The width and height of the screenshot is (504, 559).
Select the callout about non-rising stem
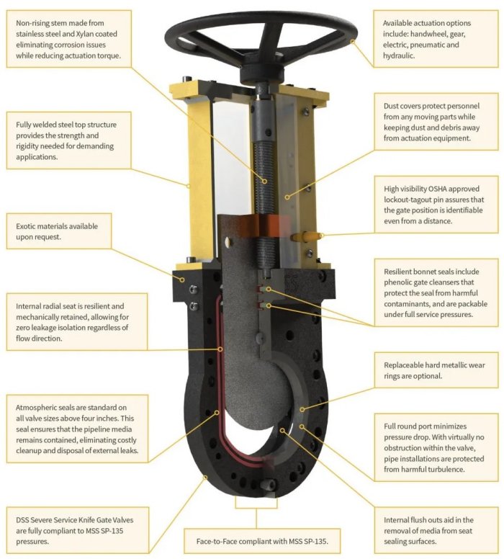(69, 38)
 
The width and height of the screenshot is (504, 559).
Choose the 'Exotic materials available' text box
(59, 231)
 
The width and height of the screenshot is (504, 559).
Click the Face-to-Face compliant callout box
(262, 541)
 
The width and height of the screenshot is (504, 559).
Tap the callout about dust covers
(436, 122)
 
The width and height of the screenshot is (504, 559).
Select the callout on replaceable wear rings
(436, 370)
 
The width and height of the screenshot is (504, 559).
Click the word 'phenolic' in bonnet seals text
(397, 282)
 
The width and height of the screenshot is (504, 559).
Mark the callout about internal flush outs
(436, 530)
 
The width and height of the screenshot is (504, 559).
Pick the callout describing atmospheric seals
(77, 429)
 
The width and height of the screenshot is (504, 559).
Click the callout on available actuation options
(436, 38)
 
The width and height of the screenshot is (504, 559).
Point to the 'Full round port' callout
(436, 447)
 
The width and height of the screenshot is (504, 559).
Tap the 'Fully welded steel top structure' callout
(69, 140)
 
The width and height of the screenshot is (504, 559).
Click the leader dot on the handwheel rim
(352, 41)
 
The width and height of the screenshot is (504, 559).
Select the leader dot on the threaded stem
(265, 181)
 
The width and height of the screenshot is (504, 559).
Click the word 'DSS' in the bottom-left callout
(22, 520)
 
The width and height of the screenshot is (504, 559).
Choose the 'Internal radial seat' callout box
(77, 322)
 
